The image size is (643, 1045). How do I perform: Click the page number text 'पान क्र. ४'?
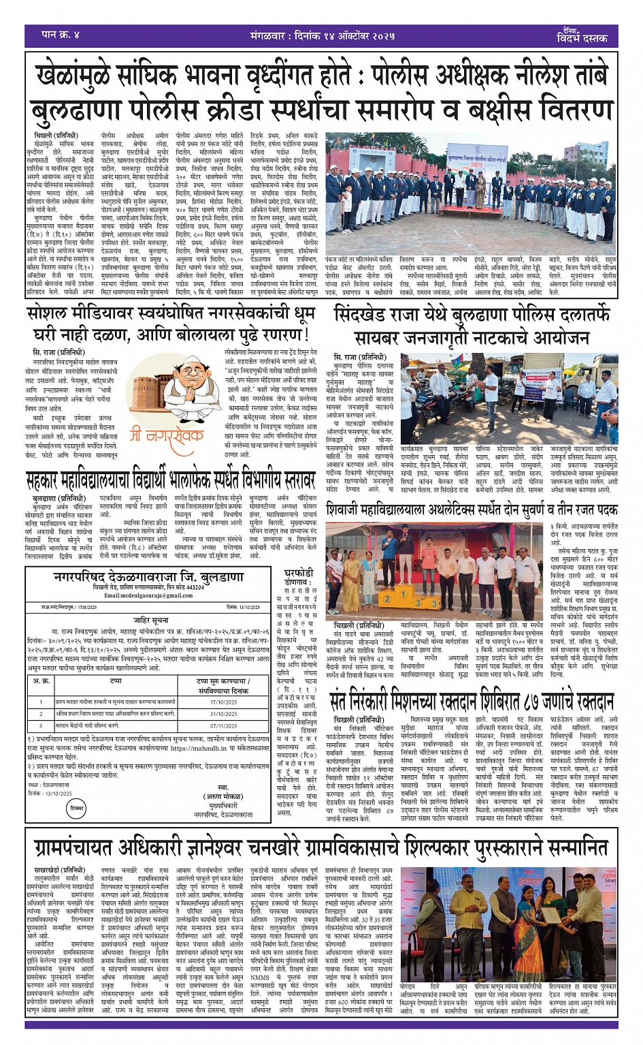(61, 34)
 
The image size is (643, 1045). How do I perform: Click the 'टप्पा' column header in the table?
(116, 681)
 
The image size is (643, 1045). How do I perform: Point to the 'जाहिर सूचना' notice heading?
(150, 621)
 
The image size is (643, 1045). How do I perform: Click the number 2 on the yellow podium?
(386, 599)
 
